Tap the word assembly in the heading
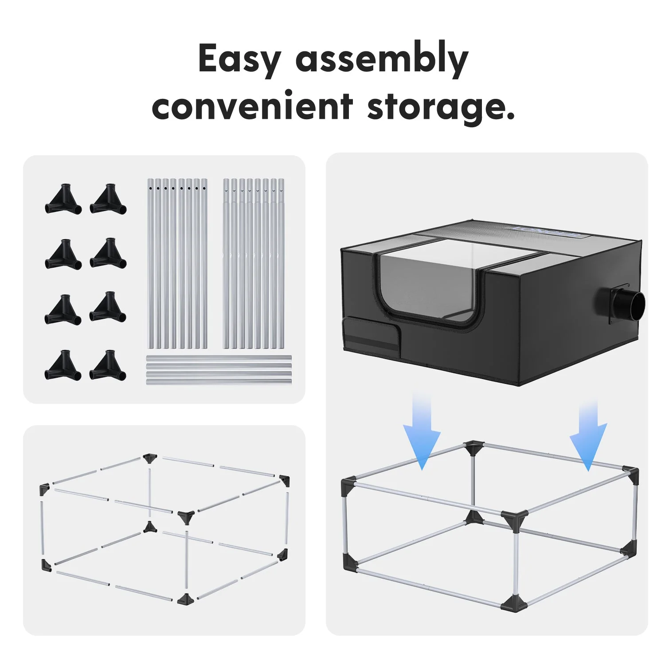pos(382,60)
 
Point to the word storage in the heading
pos(441,108)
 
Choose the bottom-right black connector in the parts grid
pos(108,366)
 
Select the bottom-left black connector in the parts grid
pos(63,366)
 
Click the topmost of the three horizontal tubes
pos(219,358)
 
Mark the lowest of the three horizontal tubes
pos(219,381)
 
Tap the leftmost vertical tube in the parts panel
pos(150,263)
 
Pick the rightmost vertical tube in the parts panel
pos(281,263)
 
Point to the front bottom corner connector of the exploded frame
pos(185,599)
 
